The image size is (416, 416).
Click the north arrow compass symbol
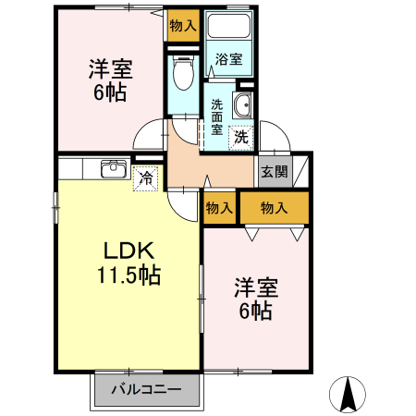click(x=349, y=395)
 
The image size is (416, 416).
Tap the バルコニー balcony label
click(x=145, y=389)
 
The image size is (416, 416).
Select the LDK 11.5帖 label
click(x=128, y=263)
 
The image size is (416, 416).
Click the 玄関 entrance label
click(x=273, y=170)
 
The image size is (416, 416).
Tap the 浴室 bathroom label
click(x=228, y=60)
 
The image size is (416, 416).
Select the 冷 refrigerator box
click(x=146, y=177)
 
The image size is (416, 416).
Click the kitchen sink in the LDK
click(x=114, y=168)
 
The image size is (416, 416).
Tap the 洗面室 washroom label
click(x=216, y=118)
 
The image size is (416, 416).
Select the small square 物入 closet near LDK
click(x=219, y=208)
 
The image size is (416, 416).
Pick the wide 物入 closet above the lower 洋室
click(x=275, y=208)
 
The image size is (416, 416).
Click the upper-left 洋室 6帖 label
click(x=108, y=80)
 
